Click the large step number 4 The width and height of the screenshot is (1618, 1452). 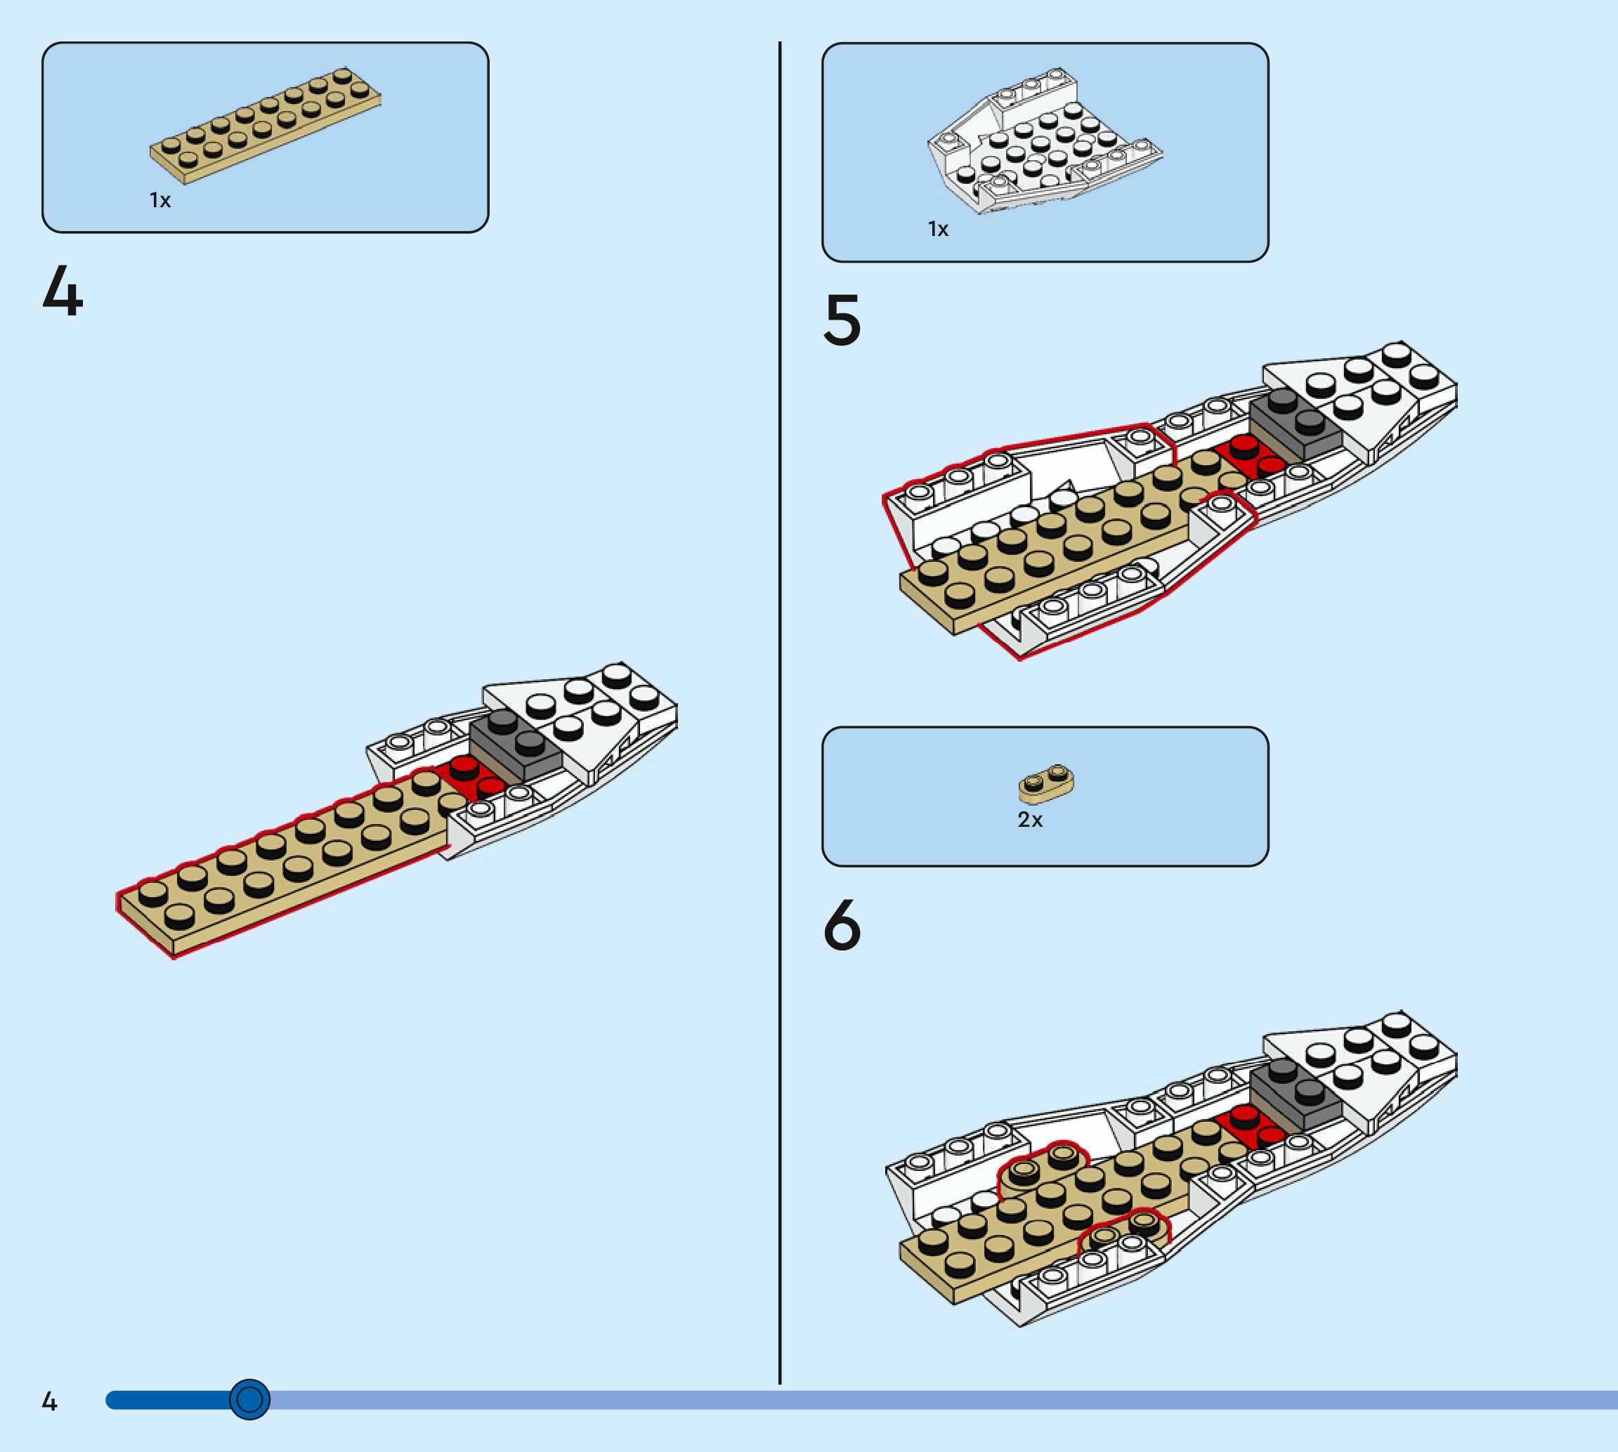(63, 292)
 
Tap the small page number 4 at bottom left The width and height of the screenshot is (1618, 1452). (49, 1401)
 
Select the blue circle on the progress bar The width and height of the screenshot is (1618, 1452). (249, 1399)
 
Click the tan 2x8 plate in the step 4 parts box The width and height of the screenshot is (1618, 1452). (265, 126)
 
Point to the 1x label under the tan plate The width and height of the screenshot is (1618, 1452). (159, 200)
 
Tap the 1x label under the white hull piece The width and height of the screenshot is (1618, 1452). (938, 230)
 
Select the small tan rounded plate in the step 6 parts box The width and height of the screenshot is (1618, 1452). (1045, 783)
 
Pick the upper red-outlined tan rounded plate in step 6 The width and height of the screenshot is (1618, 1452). (1042, 1165)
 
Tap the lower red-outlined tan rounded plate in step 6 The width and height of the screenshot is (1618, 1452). (1123, 1229)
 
